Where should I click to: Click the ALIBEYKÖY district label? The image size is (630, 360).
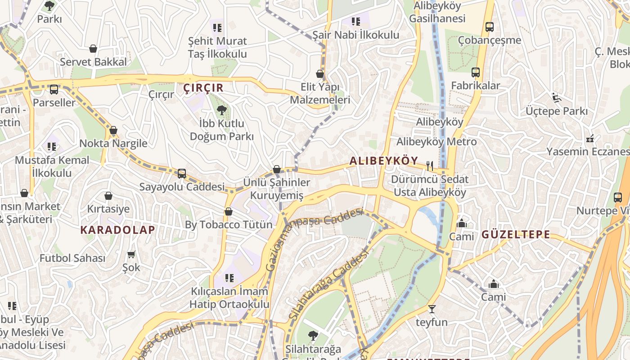click(384, 161)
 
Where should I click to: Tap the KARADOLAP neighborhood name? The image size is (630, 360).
click(117, 229)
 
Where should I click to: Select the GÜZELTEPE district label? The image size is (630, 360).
click(516, 234)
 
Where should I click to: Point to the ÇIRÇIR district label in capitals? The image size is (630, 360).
click(203, 88)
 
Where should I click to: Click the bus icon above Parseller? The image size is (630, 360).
click(54, 90)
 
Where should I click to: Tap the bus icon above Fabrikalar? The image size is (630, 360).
click(475, 72)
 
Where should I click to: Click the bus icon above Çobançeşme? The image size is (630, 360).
click(490, 27)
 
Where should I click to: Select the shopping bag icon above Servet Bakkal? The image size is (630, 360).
click(93, 49)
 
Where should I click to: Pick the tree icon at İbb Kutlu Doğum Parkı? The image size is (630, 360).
click(221, 110)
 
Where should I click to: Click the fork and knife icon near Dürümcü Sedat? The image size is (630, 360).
click(430, 166)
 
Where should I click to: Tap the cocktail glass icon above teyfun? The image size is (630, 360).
click(432, 309)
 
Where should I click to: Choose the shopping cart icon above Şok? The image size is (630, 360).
click(131, 255)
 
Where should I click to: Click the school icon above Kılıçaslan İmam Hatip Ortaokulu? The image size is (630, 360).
click(229, 278)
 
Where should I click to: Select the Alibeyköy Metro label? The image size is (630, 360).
click(436, 141)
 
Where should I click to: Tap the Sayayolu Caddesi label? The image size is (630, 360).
click(181, 186)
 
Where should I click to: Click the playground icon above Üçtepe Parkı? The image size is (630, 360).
click(557, 97)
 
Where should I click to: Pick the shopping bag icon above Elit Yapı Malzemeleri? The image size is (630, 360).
click(320, 74)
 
